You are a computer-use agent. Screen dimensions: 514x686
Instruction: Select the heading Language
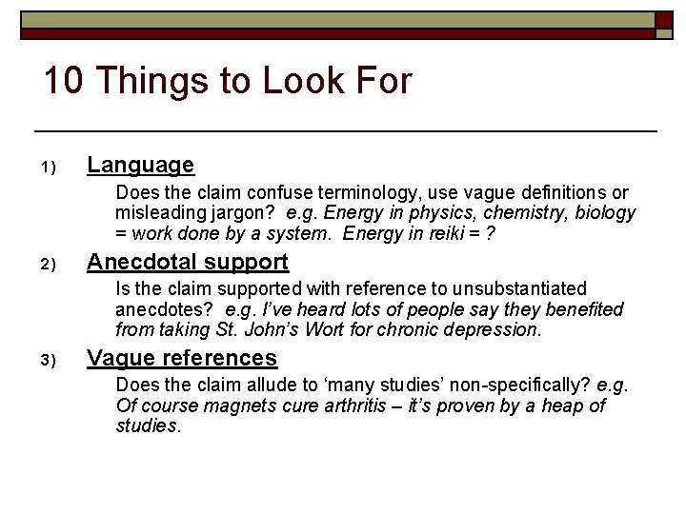(x=140, y=166)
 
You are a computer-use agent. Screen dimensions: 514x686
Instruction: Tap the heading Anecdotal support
(x=188, y=262)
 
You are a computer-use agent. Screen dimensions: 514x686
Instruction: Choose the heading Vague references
(x=182, y=358)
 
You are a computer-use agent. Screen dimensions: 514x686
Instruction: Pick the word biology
(x=606, y=213)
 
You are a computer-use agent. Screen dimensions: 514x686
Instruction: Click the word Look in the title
(x=272, y=82)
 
